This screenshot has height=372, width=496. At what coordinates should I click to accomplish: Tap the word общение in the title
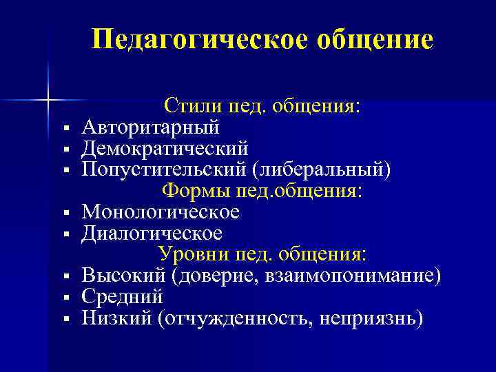coord(375,39)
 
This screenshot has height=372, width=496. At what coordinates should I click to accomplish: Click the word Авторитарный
coord(151,127)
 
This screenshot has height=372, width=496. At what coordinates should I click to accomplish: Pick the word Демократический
coord(165,149)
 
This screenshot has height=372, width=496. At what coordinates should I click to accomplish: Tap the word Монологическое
coord(161,212)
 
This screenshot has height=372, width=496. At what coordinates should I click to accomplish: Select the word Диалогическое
coord(152,234)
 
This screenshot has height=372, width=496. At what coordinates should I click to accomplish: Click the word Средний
coord(122,297)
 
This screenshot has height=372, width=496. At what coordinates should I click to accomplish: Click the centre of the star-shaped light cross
coord(48,101)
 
